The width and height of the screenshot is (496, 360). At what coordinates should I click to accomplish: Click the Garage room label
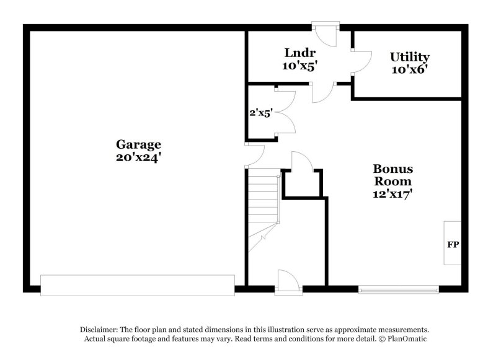138,144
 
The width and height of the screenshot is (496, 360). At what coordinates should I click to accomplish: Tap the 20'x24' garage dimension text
138,157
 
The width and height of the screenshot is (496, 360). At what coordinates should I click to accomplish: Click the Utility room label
409,57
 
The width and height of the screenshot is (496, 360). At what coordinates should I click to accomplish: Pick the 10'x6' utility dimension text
409,69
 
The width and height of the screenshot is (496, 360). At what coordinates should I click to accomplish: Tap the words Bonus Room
392,175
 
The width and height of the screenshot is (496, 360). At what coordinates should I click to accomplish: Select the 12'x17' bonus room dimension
392,193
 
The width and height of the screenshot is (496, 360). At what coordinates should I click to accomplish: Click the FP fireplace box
453,244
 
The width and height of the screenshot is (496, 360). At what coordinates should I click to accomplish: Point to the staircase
263,211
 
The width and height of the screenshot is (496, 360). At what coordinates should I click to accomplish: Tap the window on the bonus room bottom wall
399,289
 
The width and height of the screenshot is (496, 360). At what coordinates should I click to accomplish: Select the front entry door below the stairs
289,281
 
